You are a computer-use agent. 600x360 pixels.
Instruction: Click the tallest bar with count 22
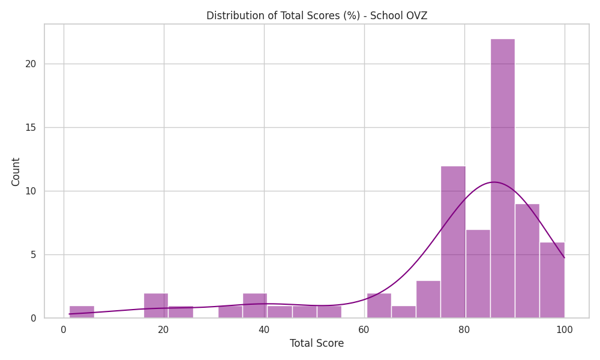(502, 178)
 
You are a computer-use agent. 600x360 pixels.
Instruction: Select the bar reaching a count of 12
(453, 242)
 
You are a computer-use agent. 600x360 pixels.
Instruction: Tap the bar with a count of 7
(478, 274)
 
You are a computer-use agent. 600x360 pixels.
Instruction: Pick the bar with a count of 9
(527, 261)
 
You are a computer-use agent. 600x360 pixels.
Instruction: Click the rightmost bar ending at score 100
(552, 280)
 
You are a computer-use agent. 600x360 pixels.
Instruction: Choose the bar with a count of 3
(428, 299)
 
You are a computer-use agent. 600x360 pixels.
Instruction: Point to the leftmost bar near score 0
(82, 312)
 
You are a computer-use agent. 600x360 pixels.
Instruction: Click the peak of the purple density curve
(494, 182)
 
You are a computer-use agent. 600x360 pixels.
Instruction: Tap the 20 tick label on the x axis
(163, 329)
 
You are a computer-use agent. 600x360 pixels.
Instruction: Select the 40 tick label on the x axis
(263, 329)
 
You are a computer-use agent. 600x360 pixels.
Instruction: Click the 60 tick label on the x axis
(364, 329)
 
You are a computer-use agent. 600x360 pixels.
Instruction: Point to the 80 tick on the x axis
(464, 329)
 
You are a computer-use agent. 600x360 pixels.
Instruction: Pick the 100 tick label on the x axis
(565, 329)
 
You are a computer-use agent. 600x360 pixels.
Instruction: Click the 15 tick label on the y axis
(31, 127)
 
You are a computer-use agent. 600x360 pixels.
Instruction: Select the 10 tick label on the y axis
(31, 191)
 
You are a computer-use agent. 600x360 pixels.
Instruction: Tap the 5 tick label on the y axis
(33, 254)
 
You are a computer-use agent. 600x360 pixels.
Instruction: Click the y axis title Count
(16, 172)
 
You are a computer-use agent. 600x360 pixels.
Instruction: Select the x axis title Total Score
(316, 343)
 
